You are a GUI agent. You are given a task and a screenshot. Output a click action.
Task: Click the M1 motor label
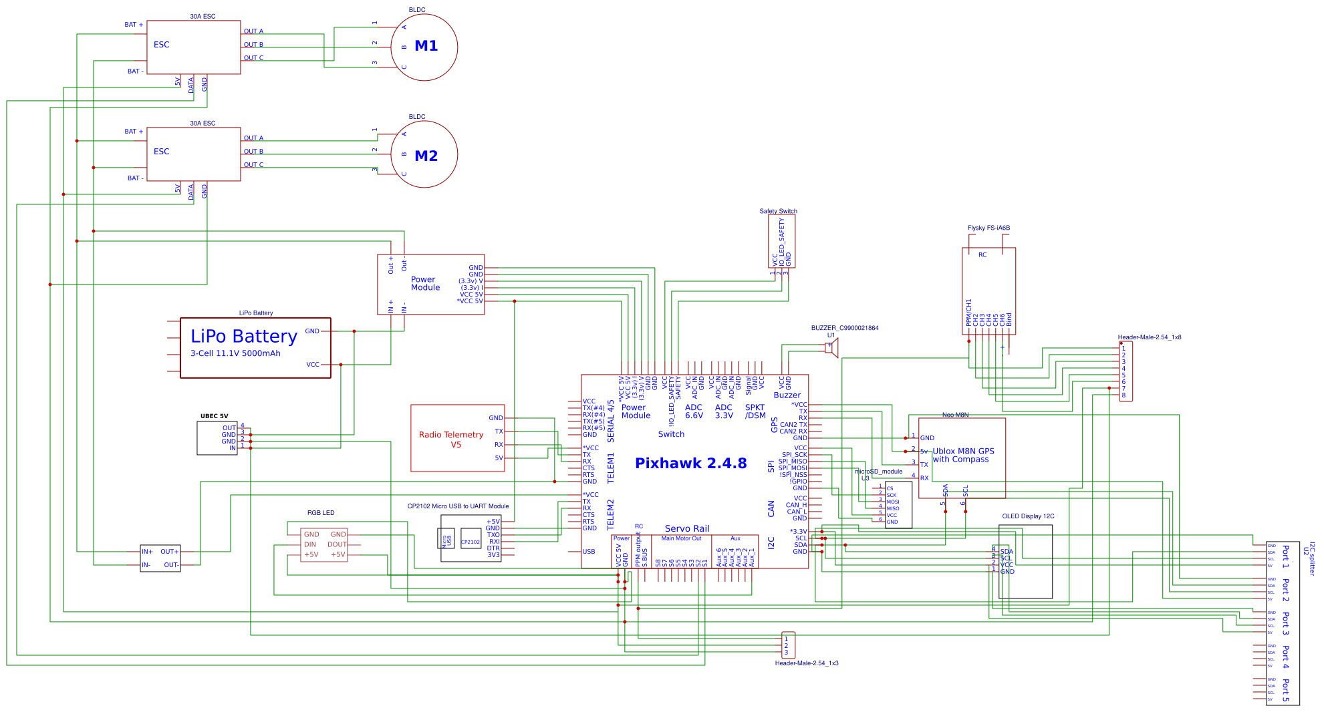pyautogui.click(x=426, y=46)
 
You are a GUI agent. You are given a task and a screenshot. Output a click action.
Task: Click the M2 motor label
pyautogui.click(x=426, y=156)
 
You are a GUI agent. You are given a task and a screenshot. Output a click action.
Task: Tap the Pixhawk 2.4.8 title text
pyautogui.click(x=690, y=464)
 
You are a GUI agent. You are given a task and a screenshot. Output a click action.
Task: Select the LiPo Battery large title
pyautogui.click(x=243, y=337)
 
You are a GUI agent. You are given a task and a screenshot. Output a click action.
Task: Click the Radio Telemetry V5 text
pyautogui.click(x=451, y=439)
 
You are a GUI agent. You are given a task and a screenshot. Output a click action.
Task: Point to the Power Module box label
pyautogui.click(x=425, y=284)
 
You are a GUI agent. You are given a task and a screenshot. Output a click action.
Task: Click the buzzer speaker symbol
pyautogui.click(x=831, y=347)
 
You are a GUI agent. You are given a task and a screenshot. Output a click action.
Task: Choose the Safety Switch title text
pyautogui.click(x=778, y=211)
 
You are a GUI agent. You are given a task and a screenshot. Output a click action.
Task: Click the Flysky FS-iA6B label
pyautogui.click(x=988, y=228)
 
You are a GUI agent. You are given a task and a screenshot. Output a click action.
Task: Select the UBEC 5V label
pyautogui.click(x=214, y=416)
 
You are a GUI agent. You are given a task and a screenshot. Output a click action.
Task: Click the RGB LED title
pyautogui.click(x=321, y=513)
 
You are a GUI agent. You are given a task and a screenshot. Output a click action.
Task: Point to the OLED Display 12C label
pyautogui.click(x=1028, y=516)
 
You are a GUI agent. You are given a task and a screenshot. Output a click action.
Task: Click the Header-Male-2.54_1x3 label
pyautogui.click(x=806, y=663)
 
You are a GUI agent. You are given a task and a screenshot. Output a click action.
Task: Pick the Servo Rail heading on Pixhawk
pyautogui.click(x=687, y=528)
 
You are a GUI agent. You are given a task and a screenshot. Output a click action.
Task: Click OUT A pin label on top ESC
pyautogui.click(x=253, y=31)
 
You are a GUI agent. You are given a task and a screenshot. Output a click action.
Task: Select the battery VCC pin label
pyautogui.click(x=313, y=365)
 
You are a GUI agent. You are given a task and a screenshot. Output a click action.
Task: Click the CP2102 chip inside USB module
pyautogui.click(x=471, y=542)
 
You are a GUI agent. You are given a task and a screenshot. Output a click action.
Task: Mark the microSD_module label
pyautogui.click(x=878, y=472)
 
